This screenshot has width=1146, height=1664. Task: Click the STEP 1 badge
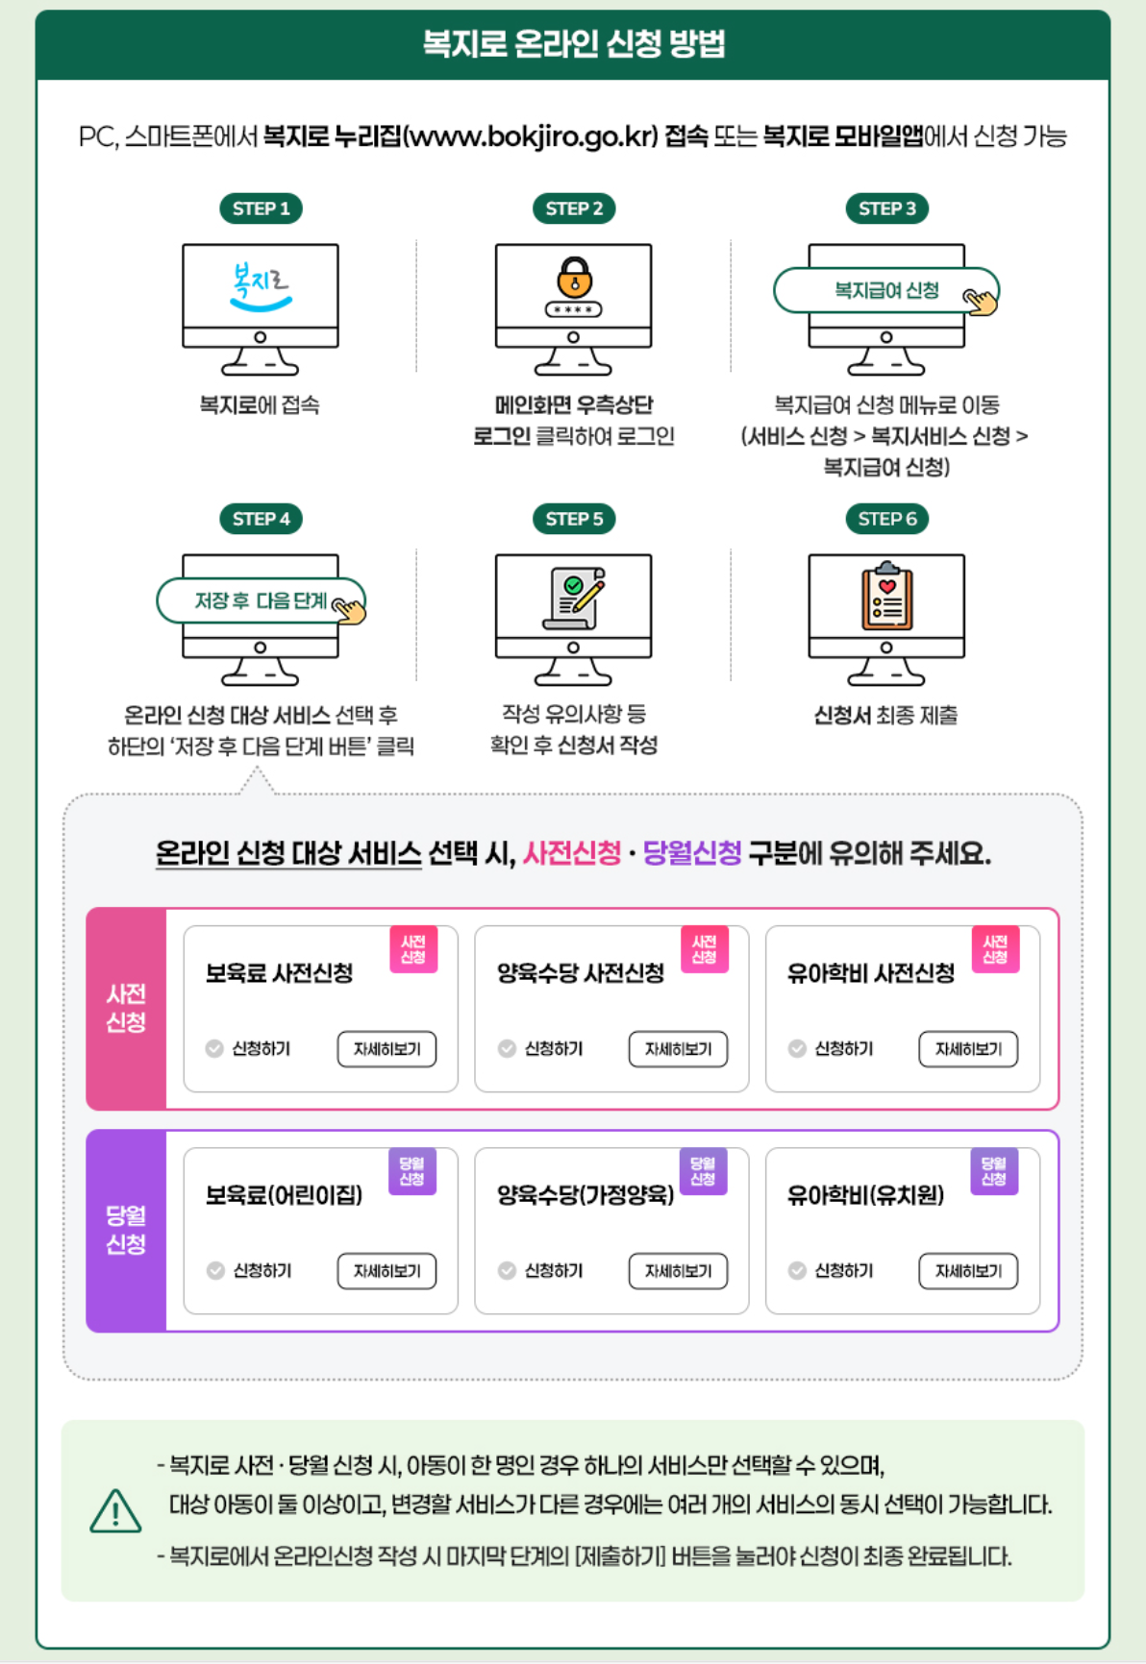(261, 208)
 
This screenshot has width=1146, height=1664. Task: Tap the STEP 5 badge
(574, 519)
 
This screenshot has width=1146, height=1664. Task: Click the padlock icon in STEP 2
(574, 278)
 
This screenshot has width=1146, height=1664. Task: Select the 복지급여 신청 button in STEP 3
(885, 290)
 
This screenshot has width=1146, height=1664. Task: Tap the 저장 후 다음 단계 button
(261, 600)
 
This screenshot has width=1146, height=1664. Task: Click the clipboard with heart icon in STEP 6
(886, 597)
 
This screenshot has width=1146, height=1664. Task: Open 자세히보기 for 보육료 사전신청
(386, 1049)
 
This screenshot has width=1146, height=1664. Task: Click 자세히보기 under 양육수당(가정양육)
(678, 1271)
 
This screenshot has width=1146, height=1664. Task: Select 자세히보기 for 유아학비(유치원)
(968, 1271)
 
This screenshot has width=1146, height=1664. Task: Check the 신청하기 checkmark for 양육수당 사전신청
(507, 1049)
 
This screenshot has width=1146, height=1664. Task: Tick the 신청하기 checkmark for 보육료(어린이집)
(215, 1271)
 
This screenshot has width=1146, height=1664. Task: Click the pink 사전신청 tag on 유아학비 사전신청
(995, 950)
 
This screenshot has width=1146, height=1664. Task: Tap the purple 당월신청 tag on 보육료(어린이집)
(412, 1171)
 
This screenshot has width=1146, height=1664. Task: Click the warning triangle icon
(115, 1511)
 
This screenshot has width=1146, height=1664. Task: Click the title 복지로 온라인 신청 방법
(573, 44)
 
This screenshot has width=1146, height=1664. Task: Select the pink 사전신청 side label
(126, 1008)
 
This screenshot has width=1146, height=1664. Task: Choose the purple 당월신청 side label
(126, 1230)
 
